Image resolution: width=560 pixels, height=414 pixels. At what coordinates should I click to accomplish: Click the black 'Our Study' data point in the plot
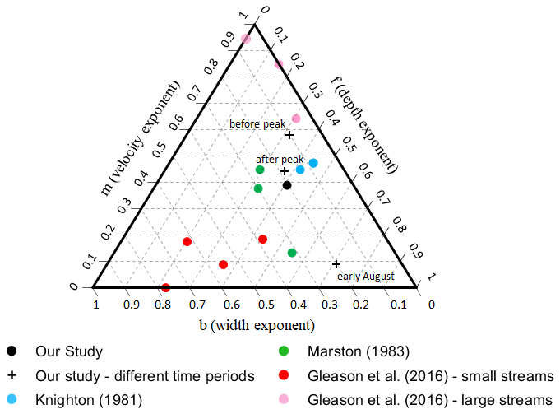(x=287, y=185)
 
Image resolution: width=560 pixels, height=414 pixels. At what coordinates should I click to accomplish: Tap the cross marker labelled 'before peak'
(x=289, y=134)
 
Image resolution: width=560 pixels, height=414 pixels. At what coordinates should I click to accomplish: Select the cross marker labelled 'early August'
(x=336, y=264)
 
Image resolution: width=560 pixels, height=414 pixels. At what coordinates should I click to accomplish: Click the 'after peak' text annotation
(x=280, y=160)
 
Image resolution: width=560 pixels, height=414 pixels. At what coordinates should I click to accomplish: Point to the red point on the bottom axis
(x=165, y=288)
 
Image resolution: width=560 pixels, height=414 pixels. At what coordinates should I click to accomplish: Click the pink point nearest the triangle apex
(x=246, y=39)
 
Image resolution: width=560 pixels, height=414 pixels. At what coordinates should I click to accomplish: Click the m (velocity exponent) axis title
(x=141, y=138)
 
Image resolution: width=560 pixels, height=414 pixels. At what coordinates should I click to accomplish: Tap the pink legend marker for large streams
(x=284, y=401)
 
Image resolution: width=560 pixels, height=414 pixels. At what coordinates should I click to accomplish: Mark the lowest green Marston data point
(x=292, y=253)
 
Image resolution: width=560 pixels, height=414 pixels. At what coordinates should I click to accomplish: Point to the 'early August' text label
(x=366, y=277)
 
